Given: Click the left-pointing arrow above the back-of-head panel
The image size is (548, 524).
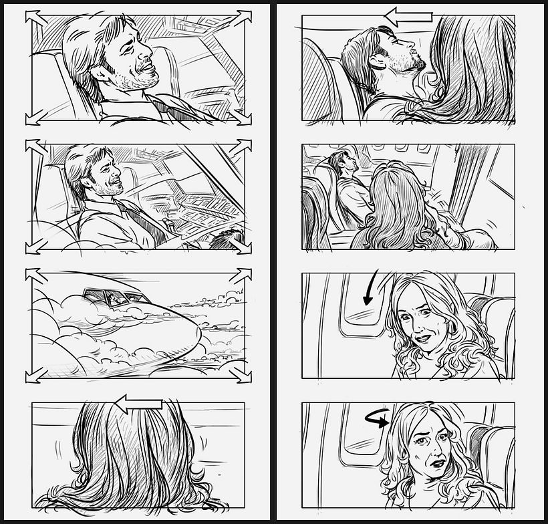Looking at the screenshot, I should [138, 403].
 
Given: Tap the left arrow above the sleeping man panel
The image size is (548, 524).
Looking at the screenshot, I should [409, 17].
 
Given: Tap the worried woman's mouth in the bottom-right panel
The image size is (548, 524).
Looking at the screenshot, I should [437, 463].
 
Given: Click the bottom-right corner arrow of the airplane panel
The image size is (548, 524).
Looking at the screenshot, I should [241, 374].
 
